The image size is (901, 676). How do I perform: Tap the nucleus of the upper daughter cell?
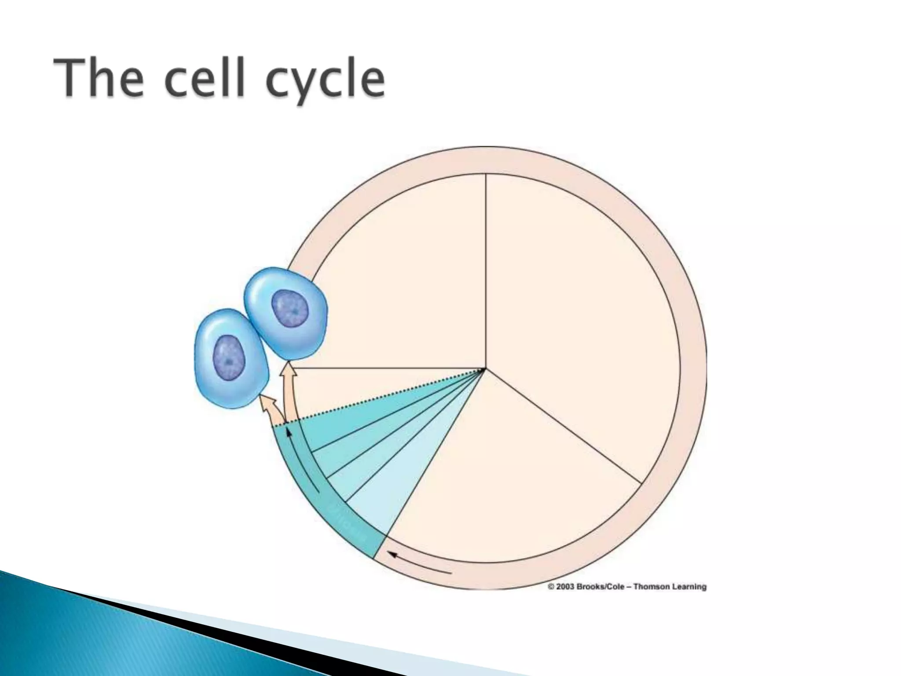click(290, 308)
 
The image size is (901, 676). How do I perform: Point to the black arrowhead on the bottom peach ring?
click(392, 556)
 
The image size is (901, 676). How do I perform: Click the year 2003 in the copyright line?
click(566, 587)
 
